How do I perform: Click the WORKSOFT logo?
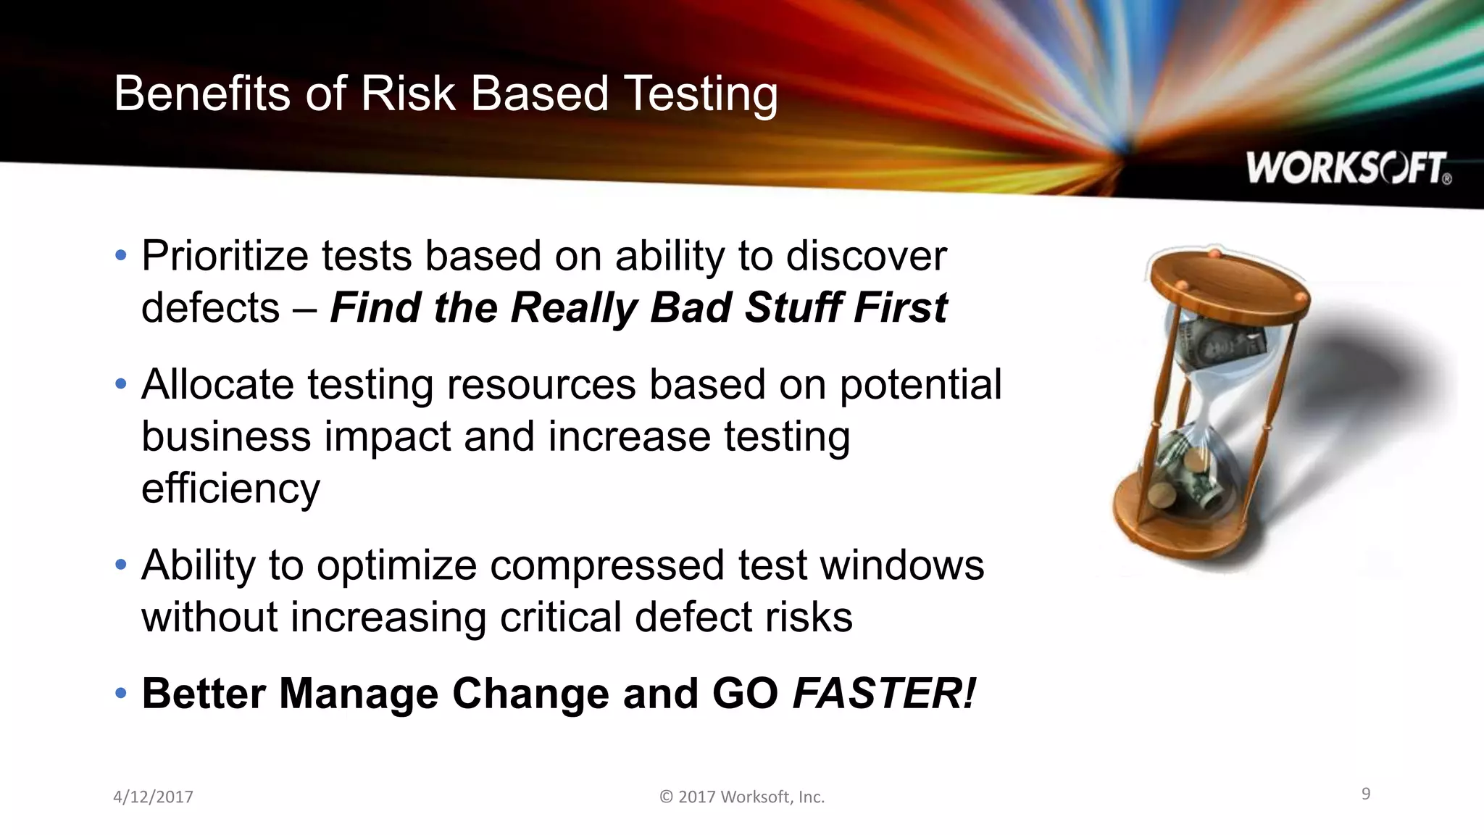point(1348,168)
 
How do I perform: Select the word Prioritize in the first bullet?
point(225,257)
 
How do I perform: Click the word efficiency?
point(230,489)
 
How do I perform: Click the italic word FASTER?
point(884,694)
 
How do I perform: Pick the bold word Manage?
point(359,694)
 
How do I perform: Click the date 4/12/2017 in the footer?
point(153,797)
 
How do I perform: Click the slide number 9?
point(1366,794)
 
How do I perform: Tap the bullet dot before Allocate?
point(121,384)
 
